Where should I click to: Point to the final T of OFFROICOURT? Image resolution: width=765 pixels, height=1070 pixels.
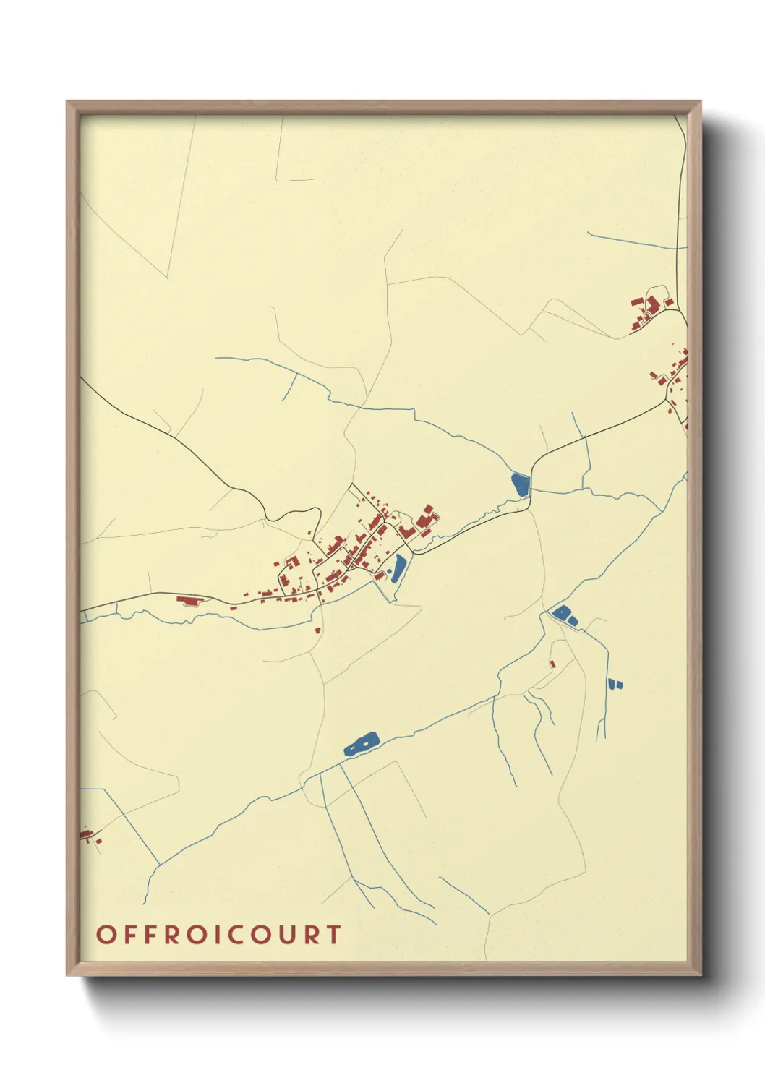pos(333,934)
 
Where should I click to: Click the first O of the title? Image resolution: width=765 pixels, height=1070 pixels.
pos(106,934)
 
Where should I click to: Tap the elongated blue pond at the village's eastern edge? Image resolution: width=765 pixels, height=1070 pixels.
pos(398,568)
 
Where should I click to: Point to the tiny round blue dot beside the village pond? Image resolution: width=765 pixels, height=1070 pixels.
pos(390,572)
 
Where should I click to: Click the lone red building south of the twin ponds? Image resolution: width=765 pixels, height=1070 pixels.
pos(552,663)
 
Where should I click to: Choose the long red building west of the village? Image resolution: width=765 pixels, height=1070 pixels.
pos(187,599)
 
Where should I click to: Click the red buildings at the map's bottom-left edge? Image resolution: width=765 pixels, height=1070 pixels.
pos(89,836)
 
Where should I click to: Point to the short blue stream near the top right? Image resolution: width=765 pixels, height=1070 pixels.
pos(633,241)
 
